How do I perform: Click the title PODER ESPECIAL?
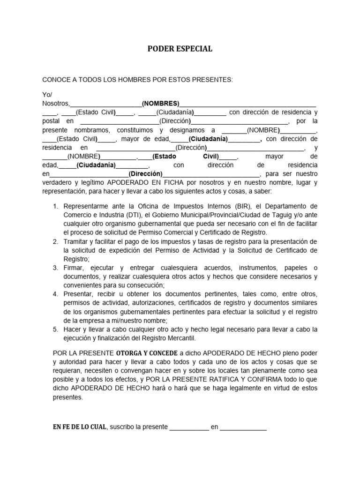[180, 49]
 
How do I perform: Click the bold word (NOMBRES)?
[161, 103]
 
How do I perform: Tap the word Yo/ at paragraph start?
[47, 94]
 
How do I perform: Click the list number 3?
[55, 268]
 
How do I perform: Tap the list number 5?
[55, 329]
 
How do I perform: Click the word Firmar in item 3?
[74, 268]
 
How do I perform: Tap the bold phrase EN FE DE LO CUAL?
[79, 427]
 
